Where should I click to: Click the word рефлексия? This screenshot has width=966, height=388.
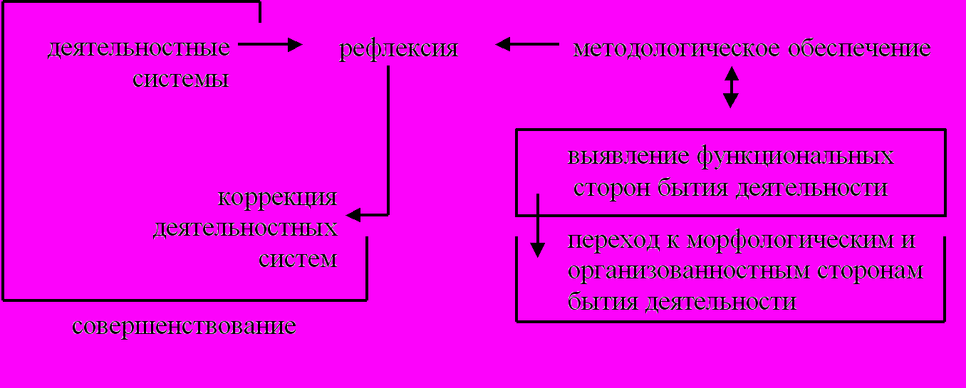pyautogui.click(x=398, y=50)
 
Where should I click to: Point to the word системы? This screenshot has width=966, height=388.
pyautogui.click(x=181, y=78)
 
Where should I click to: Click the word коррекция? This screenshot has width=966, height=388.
pyautogui.click(x=277, y=197)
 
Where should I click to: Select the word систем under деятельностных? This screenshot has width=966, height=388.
pyautogui.click(x=298, y=258)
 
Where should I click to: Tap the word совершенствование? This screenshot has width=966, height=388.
pyautogui.click(x=184, y=327)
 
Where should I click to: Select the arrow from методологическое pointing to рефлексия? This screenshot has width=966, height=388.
pyautogui.click(x=527, y=44)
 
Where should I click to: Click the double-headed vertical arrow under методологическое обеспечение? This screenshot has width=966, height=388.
pyautogui.click(x=731, y=87)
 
